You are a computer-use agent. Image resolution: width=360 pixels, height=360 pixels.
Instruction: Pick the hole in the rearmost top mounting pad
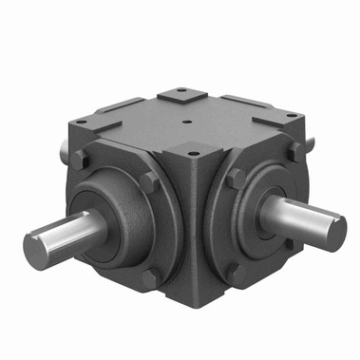(178, 94)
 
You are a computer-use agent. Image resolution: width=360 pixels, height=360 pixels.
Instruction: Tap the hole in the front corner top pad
(197, 150)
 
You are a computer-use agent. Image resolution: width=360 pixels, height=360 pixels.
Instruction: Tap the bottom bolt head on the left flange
(149, 277)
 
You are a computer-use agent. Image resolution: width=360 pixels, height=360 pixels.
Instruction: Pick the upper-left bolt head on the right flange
(235, 178)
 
